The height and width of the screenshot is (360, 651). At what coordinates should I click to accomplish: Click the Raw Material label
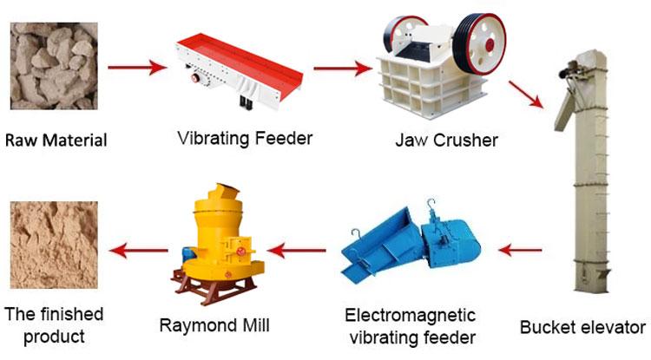tap(56, 139)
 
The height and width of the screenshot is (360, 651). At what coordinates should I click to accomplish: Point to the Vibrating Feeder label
tap(245, 138)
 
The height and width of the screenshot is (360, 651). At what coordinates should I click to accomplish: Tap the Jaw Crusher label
tap(443, 140)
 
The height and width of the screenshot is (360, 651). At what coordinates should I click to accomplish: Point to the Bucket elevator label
tap(582, 328)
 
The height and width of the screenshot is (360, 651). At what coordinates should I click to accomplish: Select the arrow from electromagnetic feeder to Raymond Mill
tap(296, 252)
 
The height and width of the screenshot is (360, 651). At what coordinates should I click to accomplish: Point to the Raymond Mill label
tap(214, 325)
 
